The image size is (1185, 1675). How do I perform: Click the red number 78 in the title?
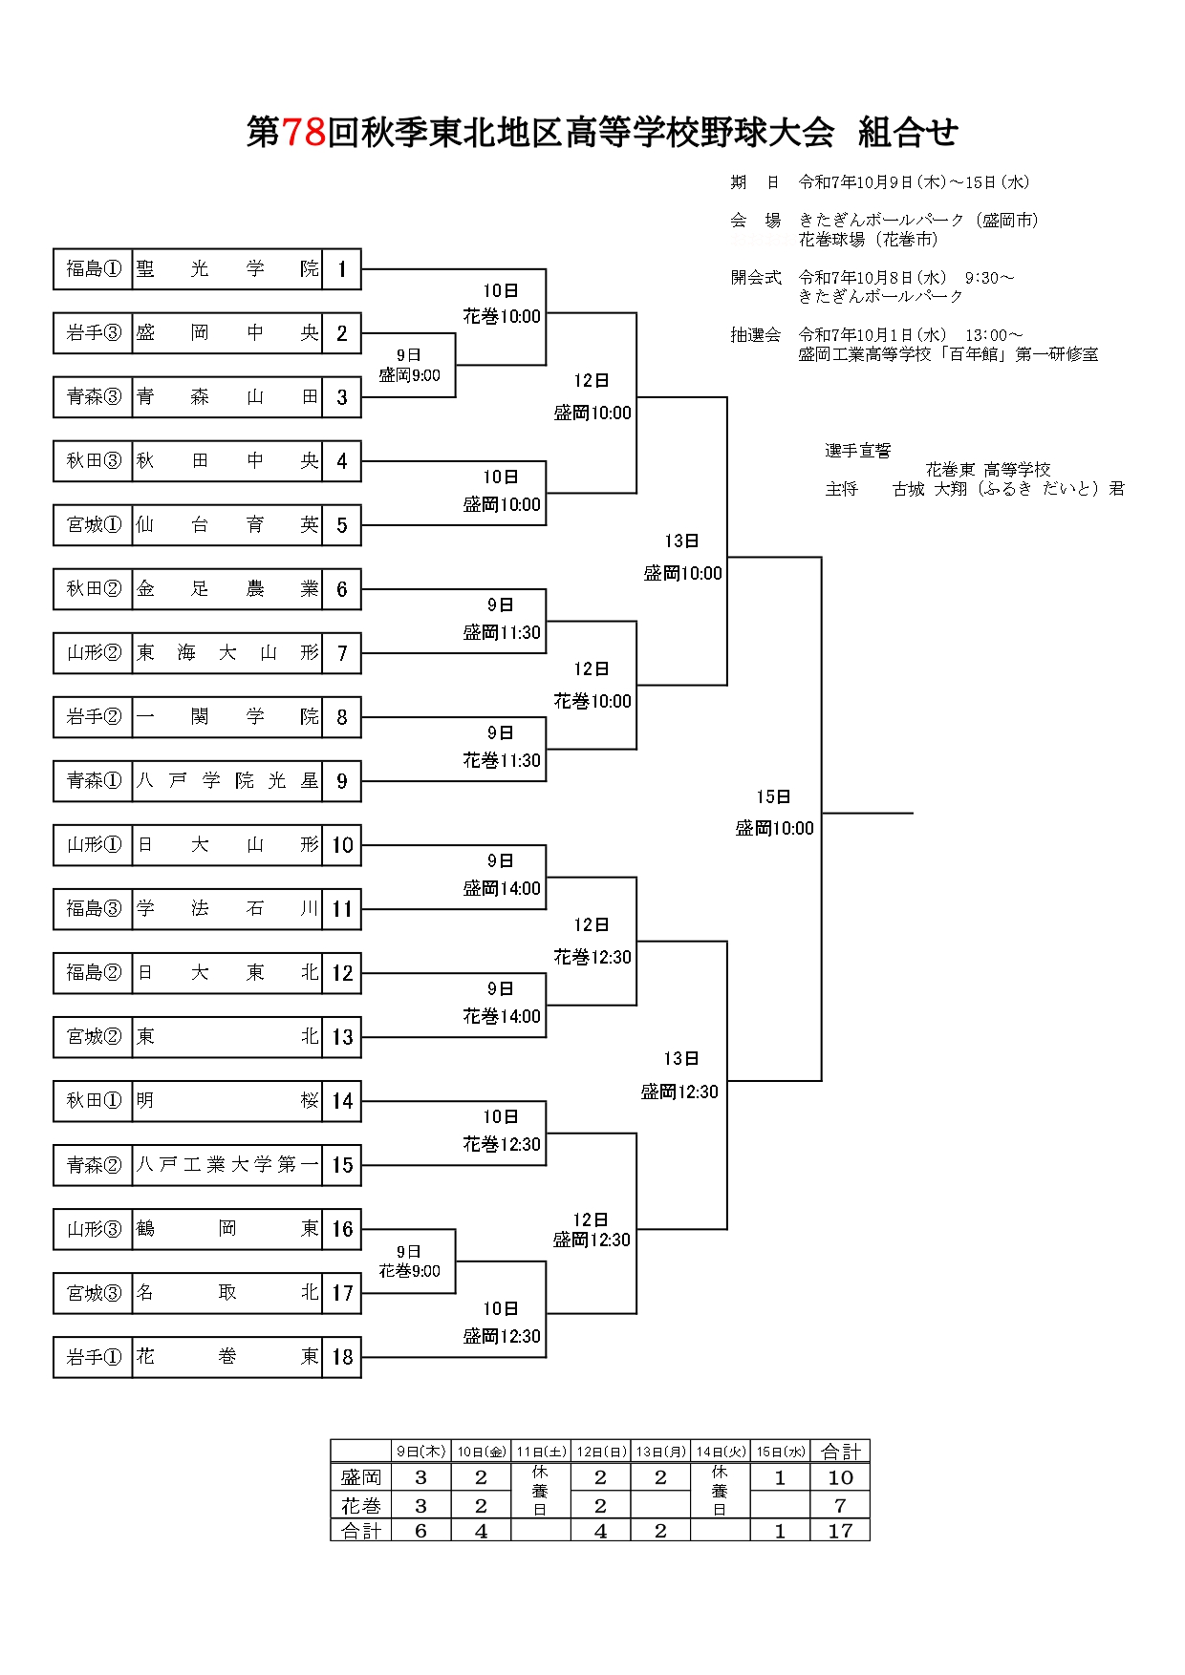pos(304,133)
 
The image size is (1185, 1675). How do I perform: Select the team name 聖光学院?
pos(226,269)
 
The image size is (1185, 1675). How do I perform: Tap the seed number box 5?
pos(342,525)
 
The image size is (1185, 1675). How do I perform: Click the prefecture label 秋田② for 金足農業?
pos(93,589)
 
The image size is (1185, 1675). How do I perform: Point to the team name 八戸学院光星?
pos(226,781)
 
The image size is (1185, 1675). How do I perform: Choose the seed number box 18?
pos(342,1357)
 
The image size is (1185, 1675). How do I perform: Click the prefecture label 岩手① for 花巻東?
pos(93,1357)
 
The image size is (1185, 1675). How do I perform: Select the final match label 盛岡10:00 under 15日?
pos(774,829)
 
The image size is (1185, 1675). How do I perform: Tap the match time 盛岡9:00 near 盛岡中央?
pos(409,375)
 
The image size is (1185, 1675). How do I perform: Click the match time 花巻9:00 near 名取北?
pos(409,1271)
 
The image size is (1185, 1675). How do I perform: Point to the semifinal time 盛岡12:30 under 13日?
pos(679,1092)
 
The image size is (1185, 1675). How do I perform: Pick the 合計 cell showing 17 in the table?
pos(840,1531)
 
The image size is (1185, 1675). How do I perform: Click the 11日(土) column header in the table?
pos(541,1452)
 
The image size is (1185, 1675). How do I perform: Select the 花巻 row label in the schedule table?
pos(361,1505)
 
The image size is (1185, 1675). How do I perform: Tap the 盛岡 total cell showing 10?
pos(840,1477)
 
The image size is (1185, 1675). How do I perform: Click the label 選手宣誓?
pos(857,451)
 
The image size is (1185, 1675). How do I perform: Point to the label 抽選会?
pos(755,335)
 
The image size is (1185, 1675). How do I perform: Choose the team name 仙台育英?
pos(226,525)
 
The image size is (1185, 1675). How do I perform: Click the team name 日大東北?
pos(226,973)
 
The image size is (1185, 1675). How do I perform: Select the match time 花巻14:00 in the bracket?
pos(502,1017)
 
